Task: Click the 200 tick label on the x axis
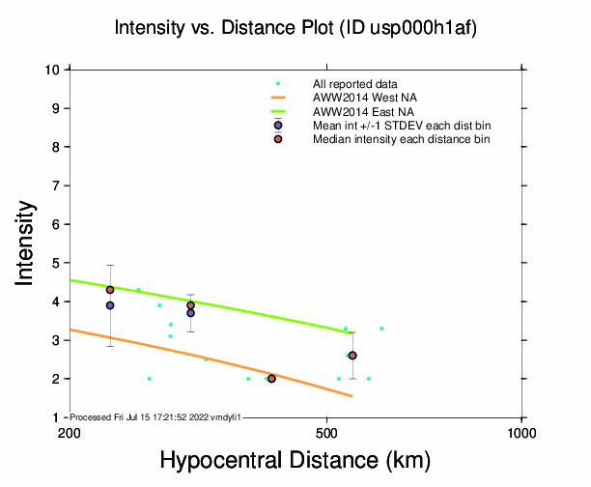(x=69, y=432)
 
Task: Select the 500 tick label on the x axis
(x=326, y=432)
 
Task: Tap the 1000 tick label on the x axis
(x=521, y=432)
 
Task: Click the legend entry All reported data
(x=354, y=84)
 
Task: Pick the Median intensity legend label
(x=401, y=139)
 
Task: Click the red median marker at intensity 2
(x=271, y=379)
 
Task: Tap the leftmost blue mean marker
(x=110, y=305)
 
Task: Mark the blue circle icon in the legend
(x=278, y=126)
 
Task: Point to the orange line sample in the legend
(x=278, y=98)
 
